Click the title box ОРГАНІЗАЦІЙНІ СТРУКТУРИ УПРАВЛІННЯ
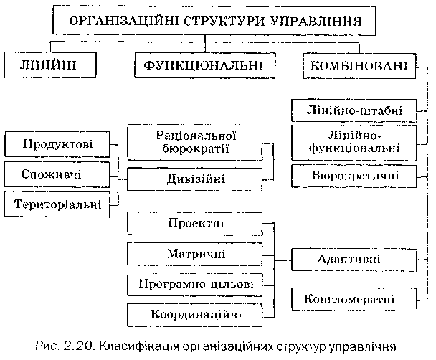217,22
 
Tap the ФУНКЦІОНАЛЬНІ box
206,67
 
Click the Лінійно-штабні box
354,111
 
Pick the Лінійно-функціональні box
354,142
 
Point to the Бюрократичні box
354,174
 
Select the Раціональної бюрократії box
195,142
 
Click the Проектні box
195,224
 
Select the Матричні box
195,254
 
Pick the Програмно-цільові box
195,284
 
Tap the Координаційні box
195,315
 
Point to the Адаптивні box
354,259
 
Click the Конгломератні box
354,298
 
